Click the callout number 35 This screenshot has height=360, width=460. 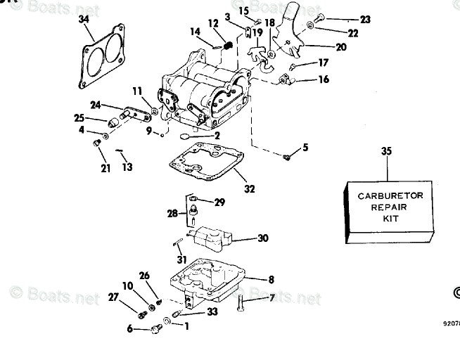385,150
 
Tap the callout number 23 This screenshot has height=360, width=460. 364,20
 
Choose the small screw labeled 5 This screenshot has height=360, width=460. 287,157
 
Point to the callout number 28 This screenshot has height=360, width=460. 172,213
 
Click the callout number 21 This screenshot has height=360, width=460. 106,168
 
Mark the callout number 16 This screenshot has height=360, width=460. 323,79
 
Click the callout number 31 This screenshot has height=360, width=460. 182,260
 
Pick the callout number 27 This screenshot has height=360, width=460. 113,297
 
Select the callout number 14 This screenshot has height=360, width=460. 195,31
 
